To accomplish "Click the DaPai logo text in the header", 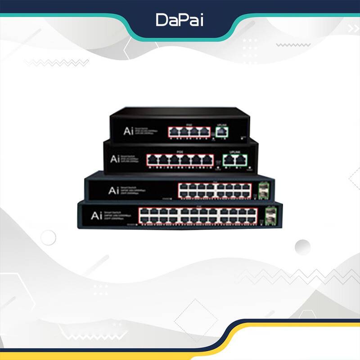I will [x=179, y=20].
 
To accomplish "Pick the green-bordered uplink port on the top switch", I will [x=221, y=131].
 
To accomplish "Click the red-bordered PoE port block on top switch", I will [x=189, y=132].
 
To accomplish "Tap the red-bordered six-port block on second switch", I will [x=181, y=160].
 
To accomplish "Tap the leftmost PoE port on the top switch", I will [x=174, y=132].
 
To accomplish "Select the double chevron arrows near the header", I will [x=353, y=28].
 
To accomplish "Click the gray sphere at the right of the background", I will [x=302, y=247].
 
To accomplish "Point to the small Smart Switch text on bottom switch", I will [x=115, y=212].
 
